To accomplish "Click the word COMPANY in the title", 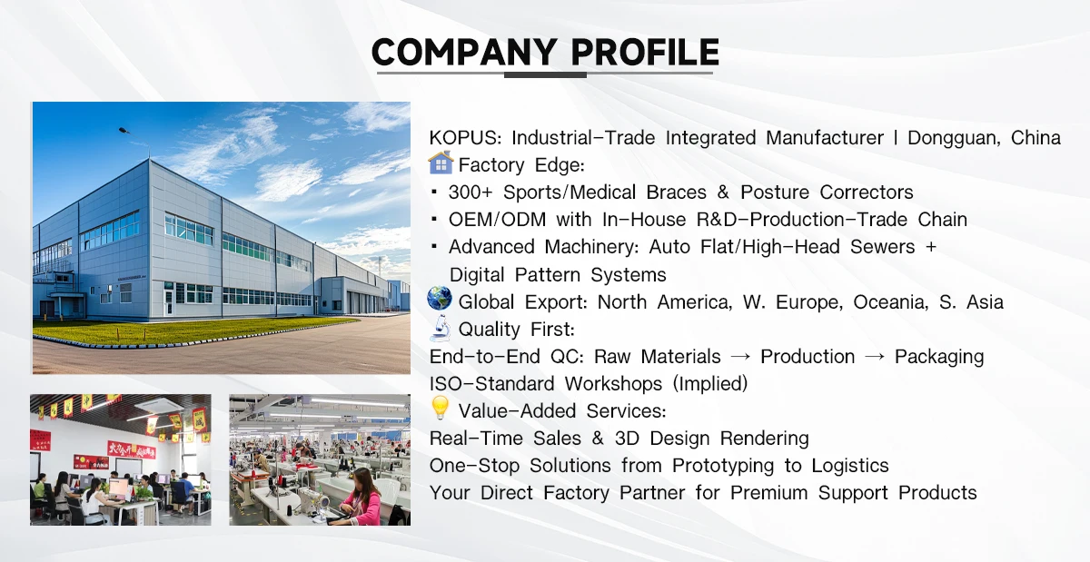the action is (464, 52).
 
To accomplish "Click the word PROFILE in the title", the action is (645, 52).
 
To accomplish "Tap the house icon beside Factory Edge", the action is (441, 163).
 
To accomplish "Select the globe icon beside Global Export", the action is (440, 299).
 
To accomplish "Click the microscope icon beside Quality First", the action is (441, 328).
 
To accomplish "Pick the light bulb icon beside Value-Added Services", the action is (441, 408).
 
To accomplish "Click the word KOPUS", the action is (465, 138).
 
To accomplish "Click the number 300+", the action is (471, 192).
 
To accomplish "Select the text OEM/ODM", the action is (498, 220).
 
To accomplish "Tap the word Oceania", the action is (890, 302).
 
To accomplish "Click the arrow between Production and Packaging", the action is (875, 357).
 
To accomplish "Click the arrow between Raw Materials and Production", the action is (740, 357).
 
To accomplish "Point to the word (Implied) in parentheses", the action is (710, 384).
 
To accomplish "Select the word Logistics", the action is (850, 466).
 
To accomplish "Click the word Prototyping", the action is (723, 466).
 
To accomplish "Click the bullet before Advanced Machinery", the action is (434, 246).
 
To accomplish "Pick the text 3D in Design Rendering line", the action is (628, 439).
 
